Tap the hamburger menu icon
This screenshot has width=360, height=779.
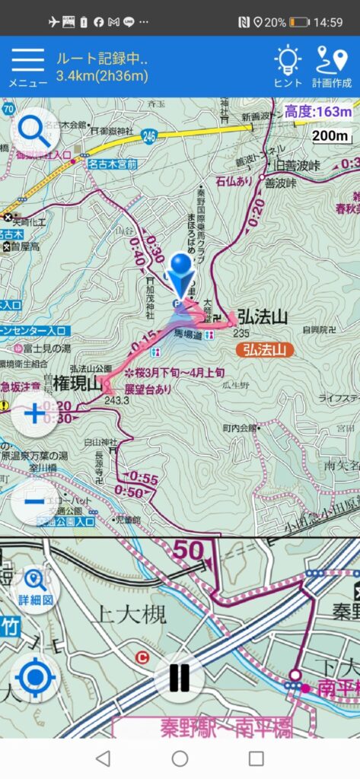tap(27, 61)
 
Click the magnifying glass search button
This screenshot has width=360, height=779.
tap(35, 132)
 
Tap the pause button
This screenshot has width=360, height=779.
tap(180, 677)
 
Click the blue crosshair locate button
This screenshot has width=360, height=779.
tap(35, 677)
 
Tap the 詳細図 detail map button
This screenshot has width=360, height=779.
tap(35, 587)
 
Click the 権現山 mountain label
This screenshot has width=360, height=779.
tap(78, 384)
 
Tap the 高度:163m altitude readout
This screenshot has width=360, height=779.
tap(319, 112)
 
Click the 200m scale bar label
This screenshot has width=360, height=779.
tap(331, 135)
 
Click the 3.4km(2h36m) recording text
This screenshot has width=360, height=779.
tap(102, 75)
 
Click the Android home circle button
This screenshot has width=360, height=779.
tap(180, 758)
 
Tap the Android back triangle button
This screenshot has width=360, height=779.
tap(103, 758)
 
